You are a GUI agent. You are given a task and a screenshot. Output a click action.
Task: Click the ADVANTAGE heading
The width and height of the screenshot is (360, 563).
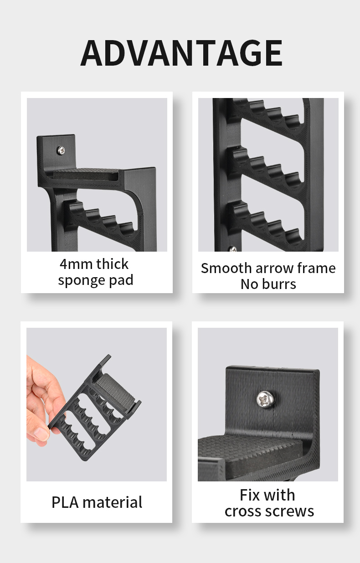[x=181, y=53]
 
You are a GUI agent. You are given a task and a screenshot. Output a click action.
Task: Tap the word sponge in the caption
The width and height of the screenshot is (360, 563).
[x=79, y=280]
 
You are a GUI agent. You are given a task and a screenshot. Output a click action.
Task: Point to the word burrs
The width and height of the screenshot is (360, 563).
[x=279, y=284]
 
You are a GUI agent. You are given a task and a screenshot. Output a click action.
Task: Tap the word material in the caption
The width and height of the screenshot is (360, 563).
[x=113, y=502]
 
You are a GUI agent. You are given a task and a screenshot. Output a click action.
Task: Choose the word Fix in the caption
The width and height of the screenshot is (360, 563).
[x=250, y=495]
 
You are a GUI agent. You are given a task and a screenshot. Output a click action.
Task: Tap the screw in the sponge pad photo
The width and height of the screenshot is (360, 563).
[x=61, y=150]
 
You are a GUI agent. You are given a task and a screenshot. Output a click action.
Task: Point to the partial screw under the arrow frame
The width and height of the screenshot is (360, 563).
[x=232, y=249]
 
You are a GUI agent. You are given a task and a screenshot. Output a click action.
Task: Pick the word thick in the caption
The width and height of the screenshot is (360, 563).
[x=113, y=264]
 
